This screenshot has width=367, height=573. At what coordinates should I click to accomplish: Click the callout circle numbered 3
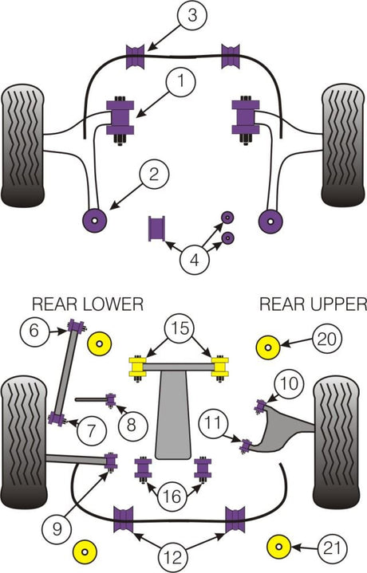192,15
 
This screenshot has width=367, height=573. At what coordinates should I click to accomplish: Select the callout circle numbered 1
181,81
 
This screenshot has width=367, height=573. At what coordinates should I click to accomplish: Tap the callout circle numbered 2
154,175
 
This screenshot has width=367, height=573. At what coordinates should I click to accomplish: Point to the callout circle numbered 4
195,261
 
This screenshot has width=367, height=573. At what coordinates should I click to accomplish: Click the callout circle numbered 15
180,328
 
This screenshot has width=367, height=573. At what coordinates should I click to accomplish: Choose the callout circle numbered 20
327,339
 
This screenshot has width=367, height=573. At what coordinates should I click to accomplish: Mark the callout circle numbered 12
173,557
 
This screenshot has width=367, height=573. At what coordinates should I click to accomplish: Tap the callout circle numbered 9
57,529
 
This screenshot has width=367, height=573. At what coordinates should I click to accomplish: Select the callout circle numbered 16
172,496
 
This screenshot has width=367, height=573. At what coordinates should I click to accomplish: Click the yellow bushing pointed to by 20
268,347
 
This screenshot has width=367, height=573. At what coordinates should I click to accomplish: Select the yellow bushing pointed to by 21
278,547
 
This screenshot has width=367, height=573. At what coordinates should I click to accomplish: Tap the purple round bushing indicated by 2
94,221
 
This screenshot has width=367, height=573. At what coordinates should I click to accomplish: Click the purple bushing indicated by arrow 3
135,57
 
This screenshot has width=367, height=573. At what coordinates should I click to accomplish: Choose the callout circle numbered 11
213,423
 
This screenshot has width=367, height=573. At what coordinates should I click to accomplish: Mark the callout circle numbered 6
34,331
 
